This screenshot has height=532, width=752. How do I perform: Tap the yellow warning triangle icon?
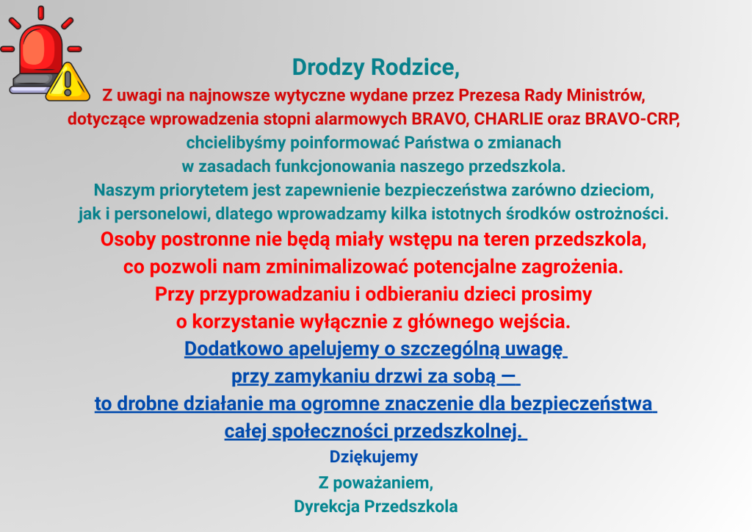[x=68, y=82]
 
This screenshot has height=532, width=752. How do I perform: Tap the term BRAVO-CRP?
[x=632, y=119]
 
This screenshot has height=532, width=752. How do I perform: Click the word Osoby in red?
[x=128, y=239]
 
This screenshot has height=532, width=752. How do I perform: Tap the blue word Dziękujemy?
[x=374, y=457]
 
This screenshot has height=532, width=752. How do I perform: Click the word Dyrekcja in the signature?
[x=326, y=506]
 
